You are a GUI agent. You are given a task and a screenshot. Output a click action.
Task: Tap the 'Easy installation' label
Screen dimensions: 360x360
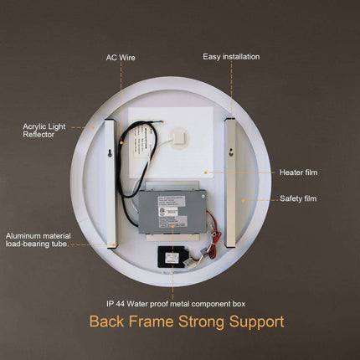(231, 57)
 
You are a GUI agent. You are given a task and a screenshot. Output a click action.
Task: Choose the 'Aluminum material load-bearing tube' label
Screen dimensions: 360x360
(43, 240)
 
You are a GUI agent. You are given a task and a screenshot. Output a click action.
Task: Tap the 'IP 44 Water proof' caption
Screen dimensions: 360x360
(175, 302)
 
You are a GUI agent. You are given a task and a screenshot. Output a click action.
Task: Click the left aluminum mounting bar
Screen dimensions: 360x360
(109, 183)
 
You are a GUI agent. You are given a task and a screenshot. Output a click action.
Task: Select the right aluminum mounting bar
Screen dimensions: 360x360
(229, 183)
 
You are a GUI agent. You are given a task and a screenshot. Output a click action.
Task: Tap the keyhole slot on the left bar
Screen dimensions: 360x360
(109, 152)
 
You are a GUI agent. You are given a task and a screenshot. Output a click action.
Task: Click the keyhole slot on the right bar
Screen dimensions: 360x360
(229, 152)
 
